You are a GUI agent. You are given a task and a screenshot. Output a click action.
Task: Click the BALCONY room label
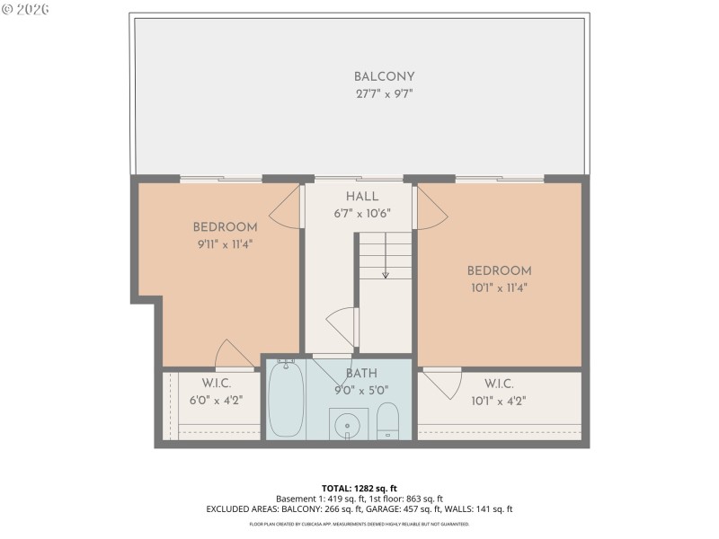point(384,77)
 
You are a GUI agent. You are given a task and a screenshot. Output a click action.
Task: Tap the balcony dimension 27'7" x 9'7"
point(384,93)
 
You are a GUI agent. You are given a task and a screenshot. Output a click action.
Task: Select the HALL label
point(362,197)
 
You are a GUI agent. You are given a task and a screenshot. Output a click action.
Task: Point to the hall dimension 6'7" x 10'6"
point(362,213)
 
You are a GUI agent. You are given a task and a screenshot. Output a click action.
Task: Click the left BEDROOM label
point(225,227)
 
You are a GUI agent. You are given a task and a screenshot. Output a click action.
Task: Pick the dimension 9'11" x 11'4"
point(225,243)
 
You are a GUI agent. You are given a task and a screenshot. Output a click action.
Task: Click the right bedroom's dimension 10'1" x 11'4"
point(499,287)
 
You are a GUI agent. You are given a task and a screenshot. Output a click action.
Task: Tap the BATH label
point(361,373)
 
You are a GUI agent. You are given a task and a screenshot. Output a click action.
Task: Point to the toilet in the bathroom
point(387,420)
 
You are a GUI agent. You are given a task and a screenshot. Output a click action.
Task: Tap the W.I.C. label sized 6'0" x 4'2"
point(217,384)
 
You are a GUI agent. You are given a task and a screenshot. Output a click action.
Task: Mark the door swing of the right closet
point(440,383)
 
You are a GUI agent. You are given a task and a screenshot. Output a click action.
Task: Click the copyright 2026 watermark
point(26,9)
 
